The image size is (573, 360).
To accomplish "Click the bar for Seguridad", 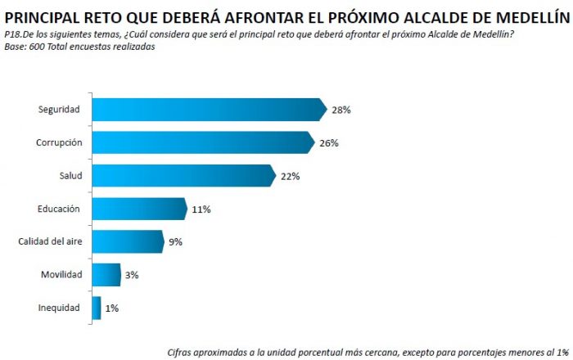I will coord(209,110).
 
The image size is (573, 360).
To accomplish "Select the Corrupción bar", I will coord(203,142).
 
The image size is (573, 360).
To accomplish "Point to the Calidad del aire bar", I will coord(128,241).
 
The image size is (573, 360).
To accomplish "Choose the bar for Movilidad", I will coord(106,275).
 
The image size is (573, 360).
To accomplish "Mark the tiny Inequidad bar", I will coord(97,308).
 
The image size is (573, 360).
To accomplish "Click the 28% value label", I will coord(341,110).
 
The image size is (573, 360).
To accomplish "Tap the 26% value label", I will coord(329,143).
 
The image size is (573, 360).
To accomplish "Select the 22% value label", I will coord(291,176).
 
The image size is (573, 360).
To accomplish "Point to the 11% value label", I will coord(201,209).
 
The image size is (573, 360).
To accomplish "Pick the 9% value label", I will coord(176,242).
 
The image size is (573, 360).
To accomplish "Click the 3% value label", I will coord(133,275).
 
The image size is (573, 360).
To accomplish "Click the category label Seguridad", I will coord(59,110).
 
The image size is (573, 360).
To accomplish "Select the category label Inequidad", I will coord(59,308).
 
